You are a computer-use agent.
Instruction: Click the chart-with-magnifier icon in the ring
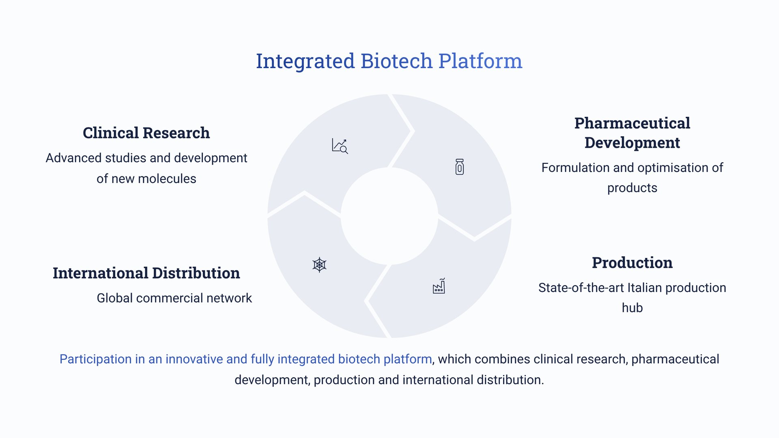(340, 146)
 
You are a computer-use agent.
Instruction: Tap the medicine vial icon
(459, 167)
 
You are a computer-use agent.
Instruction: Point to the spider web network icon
(320, 265)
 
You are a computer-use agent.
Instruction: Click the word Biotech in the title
(396, 61)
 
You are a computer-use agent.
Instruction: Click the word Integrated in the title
(305, 62)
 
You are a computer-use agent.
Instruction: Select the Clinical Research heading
(146, 133)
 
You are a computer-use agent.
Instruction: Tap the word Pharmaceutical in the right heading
(632, 123)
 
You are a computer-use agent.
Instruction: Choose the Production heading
(632, 263)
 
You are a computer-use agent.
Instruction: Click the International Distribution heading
(146, 273)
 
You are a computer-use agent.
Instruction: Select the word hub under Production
(632, 308)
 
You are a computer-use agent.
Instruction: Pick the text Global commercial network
(174, 298)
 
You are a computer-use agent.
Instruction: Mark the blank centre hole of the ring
(389, 216)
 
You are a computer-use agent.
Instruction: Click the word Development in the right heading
(632, 143)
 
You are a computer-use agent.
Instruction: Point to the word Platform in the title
(480, 61)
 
